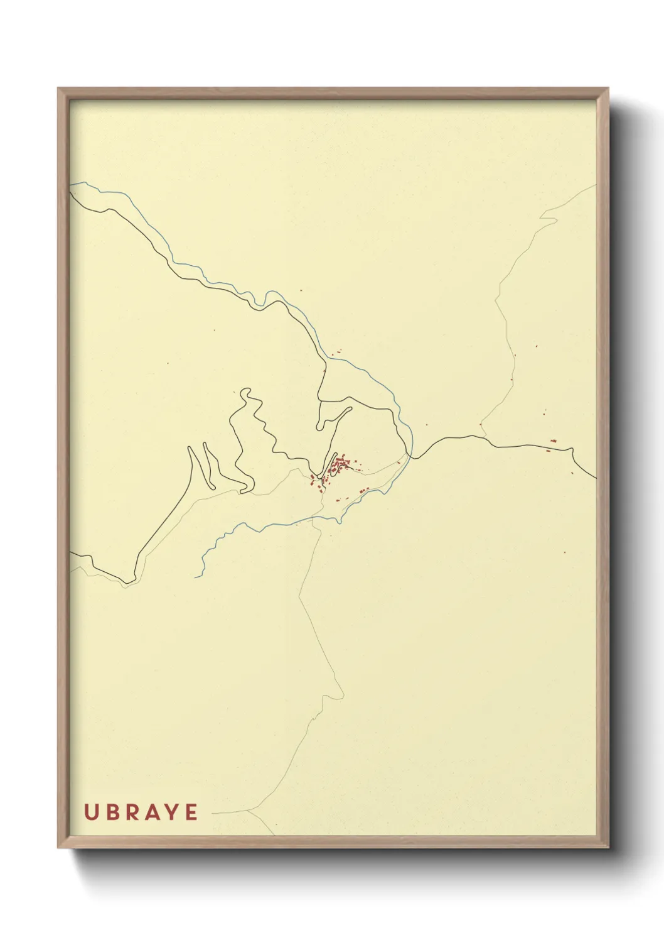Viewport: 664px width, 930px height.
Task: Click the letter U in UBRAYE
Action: (x=90, y=812)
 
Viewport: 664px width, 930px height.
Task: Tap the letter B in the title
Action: (x=112, y=812)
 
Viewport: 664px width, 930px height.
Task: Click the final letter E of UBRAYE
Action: (x=191, y=812)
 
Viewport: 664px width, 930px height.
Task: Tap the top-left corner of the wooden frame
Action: (x=58, y=89)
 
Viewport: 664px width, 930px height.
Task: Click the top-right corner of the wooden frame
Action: (x=608, y=89)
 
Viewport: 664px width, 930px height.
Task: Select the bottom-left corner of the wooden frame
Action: (x=58, y=848)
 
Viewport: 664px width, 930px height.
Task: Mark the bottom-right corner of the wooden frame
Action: (x=608, y=848)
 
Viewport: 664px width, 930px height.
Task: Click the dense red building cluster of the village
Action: (x=340, y=467)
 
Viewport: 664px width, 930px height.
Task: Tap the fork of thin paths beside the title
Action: (x=249, y=811)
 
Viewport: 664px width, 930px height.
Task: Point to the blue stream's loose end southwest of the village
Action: (x=196, y=577)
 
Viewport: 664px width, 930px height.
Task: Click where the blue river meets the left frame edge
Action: (x=71, y=183)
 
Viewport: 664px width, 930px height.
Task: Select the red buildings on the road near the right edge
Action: (x=552, y=443)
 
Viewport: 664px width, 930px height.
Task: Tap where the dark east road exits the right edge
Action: (x=595, y=477)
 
